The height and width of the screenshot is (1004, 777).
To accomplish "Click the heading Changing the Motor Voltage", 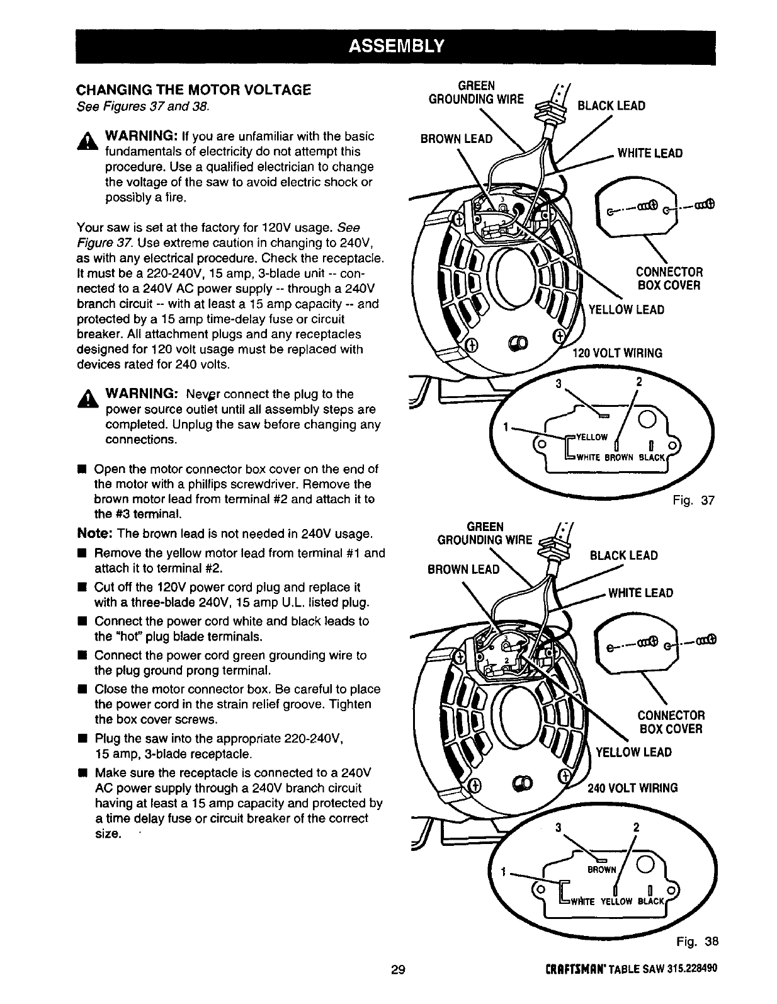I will click(x=194, y=90).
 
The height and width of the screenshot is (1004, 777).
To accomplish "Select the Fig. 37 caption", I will click(x=695, y=501).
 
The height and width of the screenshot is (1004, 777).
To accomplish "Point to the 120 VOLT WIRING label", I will click(x=616, y=353).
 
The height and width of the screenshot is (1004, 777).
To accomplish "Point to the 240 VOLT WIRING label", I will click(x=632, y=788).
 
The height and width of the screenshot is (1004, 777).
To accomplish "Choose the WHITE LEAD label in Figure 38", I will click(x=640, y=593).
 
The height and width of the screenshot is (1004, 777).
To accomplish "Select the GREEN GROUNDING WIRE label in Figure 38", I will click(x=484, y=533).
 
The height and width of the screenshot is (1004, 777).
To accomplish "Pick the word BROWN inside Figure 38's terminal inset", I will click(x=601, y=870).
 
